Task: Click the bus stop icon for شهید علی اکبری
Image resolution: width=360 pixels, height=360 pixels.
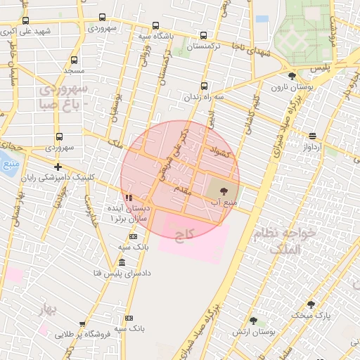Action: pyautogui.click(x=26, y=20)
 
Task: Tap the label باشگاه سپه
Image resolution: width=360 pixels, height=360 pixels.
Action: pyautogui.click(x=154, y=35)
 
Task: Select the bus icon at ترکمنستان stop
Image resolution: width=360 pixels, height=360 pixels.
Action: pyautogui.click(x=204, y=35)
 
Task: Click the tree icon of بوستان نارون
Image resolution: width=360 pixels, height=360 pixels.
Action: pyautogui.click(x=292, y=76)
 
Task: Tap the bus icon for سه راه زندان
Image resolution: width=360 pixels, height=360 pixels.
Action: pyautogui.click(x=205, y=86)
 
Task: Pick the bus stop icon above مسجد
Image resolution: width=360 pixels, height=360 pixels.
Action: pyautogui.click(x=73, y=60)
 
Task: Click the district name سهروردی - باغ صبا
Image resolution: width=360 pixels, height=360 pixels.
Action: pyautogui.click(x=63, y=97)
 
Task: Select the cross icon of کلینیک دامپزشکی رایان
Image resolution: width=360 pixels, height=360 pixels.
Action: pyautogui.click(x=58, y=167)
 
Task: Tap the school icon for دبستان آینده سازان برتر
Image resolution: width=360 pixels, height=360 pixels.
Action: pyautogui.click(x=128, y=198)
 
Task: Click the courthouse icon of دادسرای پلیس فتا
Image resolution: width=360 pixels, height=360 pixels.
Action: pyautogui.click(x=122, y=262)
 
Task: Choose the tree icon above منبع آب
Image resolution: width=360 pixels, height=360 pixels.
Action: pyautogui.click(x=224, y=191)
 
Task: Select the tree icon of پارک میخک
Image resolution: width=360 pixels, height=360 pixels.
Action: pyautogui.click(x=311, y=304)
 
